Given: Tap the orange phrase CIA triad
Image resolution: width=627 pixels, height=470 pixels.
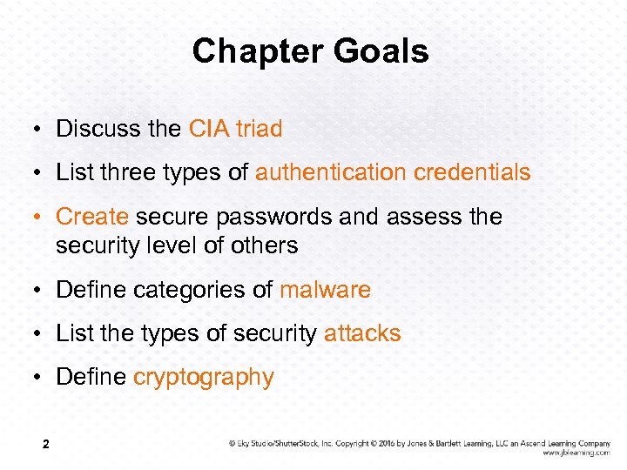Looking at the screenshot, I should pos(235,129).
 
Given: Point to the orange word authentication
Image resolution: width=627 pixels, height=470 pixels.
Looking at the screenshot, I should pos(331,172).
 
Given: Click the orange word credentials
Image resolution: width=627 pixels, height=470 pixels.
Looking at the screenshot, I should pos(472,172).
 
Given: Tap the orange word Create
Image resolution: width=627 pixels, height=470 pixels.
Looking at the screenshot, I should pos(92,216).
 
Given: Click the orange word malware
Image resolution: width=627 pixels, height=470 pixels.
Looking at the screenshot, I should pos(325,290).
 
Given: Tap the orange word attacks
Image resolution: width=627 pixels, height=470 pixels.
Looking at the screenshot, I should pos(362,333).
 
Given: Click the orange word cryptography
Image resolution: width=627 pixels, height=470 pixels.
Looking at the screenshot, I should pos(203,378).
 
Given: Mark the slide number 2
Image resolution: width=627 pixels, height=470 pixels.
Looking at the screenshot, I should pos(45,446).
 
